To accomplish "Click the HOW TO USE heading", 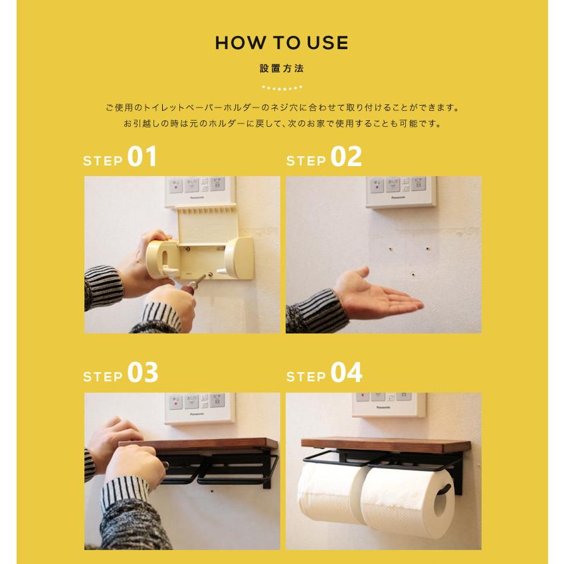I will pos(282,43).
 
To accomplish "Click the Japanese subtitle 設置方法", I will pos(282,68).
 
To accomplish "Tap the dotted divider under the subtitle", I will pos(282,87).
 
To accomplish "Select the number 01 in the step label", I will pos(142,158).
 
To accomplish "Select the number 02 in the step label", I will pos(345,158).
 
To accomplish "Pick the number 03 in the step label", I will pos(142,373).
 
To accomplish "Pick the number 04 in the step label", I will pos(345,373).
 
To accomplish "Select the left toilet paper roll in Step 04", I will pos(326,492).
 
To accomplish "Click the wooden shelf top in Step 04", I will pos(385,443).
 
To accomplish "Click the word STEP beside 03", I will pos(103,377).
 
